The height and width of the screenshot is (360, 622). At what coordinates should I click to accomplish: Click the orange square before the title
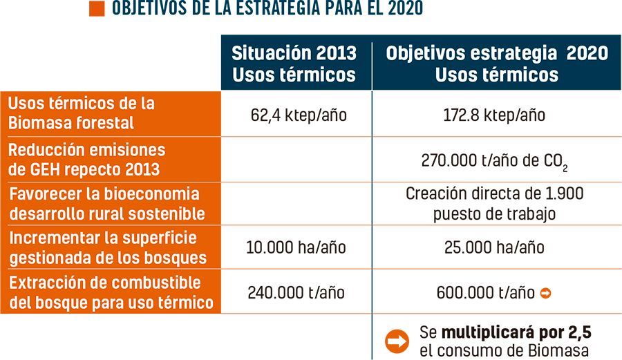click(97, 9)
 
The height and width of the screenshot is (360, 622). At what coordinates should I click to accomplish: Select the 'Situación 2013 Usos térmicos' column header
click(294, 64)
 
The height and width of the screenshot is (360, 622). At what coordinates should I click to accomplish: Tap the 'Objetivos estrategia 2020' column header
click(497, 64)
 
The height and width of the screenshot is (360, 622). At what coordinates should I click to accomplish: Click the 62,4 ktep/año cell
click(299, 115)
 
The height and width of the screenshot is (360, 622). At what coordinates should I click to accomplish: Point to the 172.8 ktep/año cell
click(494, 115)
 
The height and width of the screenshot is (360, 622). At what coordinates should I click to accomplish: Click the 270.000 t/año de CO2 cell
click(494, 161)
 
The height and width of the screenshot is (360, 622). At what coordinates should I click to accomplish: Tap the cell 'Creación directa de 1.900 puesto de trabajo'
click(494, 204)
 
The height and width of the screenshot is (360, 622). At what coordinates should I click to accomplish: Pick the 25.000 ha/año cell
click(494, 247)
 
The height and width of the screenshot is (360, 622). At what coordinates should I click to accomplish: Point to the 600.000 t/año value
click(486, 293)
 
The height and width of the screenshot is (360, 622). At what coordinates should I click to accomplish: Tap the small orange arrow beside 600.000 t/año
click(545, 293)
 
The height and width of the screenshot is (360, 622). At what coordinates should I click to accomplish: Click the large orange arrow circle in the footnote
click(397, 340)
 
